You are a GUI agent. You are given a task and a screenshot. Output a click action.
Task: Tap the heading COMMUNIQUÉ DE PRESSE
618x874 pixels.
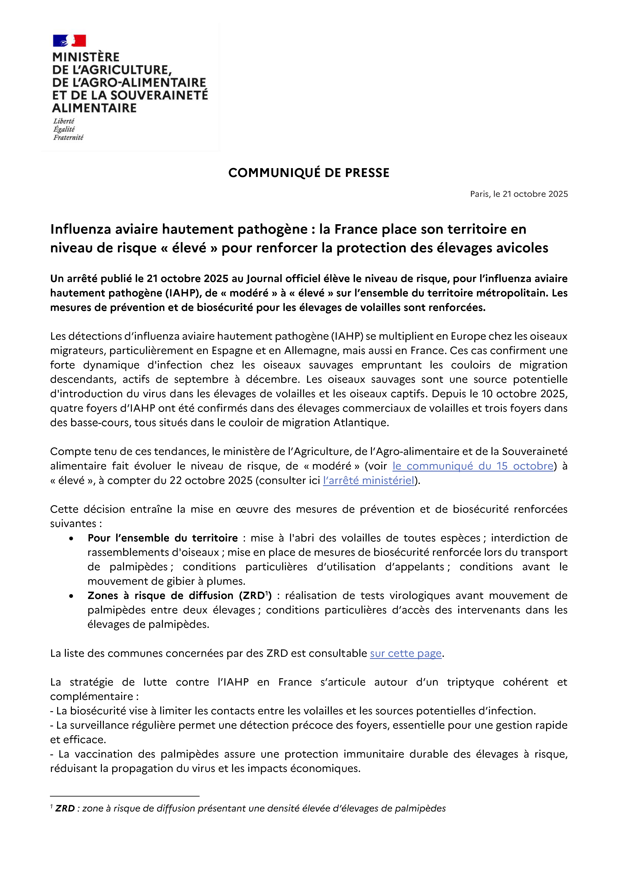[309, 173]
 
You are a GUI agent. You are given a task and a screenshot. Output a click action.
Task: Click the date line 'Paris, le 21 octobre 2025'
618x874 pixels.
[519, 194]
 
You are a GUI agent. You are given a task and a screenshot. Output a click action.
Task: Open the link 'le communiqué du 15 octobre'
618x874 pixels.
[473, 466]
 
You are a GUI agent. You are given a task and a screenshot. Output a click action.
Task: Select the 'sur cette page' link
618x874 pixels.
[406, 653]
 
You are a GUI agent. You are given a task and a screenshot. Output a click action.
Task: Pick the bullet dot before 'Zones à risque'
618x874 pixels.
[71, 596]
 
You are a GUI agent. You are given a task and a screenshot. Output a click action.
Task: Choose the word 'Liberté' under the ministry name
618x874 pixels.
[64, 121]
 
